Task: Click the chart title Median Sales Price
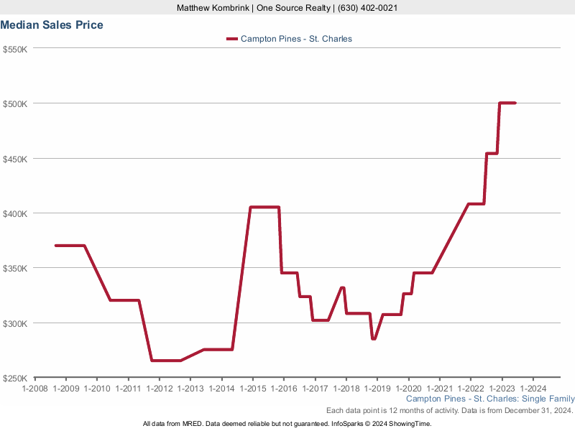pos(52,25)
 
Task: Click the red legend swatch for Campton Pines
pos(231,39)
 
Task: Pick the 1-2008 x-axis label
pos(35,389)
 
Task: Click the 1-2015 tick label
pos(252,389)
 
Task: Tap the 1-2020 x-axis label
pos(408,389)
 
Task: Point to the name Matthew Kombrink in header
pos(213,8)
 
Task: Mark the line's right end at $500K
pos(515,103)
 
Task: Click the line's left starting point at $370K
pos(56,246)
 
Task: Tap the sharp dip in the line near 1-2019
pos(373,338)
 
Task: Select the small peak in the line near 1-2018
pos(343,287)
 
